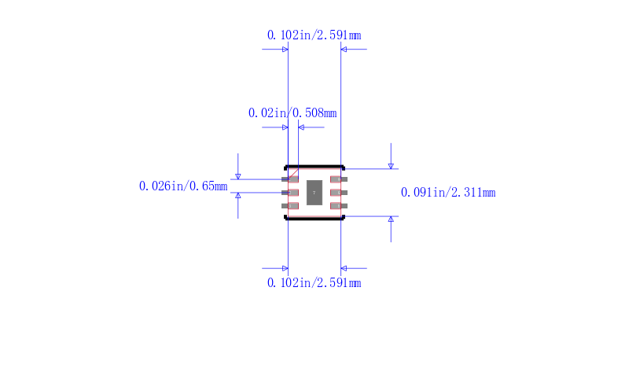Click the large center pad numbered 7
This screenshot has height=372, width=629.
point(314,193)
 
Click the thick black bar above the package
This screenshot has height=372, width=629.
point(314,167)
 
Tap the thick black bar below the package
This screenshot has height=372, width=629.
point(314,219)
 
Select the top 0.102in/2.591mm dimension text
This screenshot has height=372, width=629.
point(314,35)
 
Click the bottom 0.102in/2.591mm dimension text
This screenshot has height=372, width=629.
point(314,283)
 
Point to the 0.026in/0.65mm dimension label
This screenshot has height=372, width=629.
point(183,186)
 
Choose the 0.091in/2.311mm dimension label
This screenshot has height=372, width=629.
point(448,193)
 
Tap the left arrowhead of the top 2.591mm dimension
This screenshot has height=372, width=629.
point(285,50)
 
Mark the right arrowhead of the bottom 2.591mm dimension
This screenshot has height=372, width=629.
point(344,268)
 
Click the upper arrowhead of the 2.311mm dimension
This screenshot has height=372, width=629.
point(391,165)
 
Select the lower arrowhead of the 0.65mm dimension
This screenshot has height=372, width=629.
point(238,195)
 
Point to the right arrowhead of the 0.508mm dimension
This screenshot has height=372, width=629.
point(302,127)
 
